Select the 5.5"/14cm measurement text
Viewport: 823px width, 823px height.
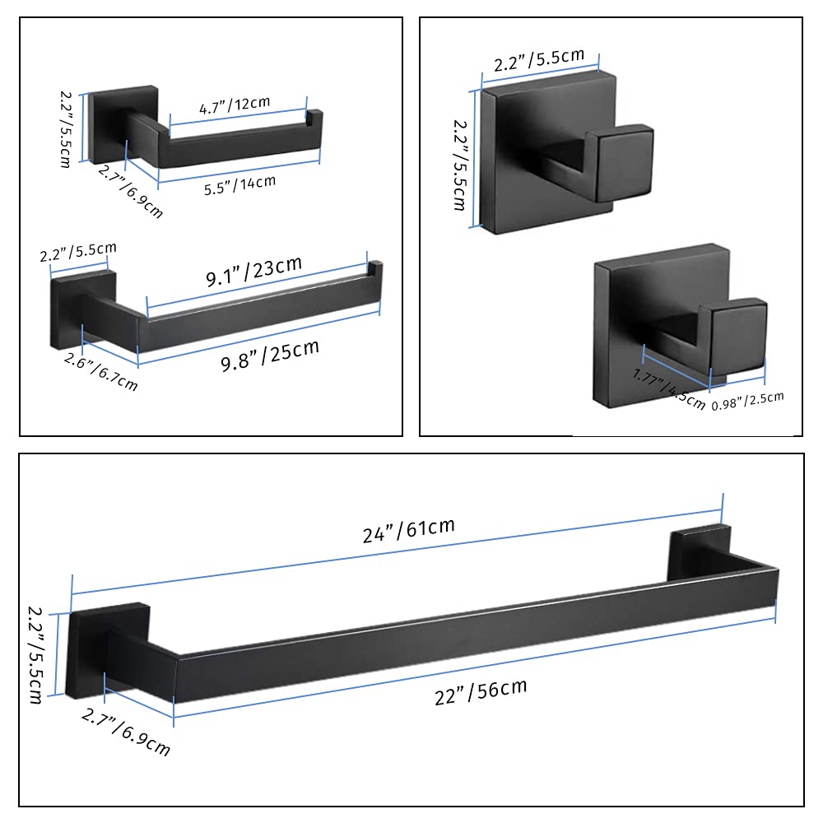(239, 186)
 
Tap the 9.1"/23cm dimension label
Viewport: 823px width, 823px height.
(253, 273)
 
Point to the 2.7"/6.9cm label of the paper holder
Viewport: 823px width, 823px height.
(131, 191)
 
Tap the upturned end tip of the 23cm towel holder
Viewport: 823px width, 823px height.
(375, 269)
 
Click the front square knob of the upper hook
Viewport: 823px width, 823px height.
(623, 163)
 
